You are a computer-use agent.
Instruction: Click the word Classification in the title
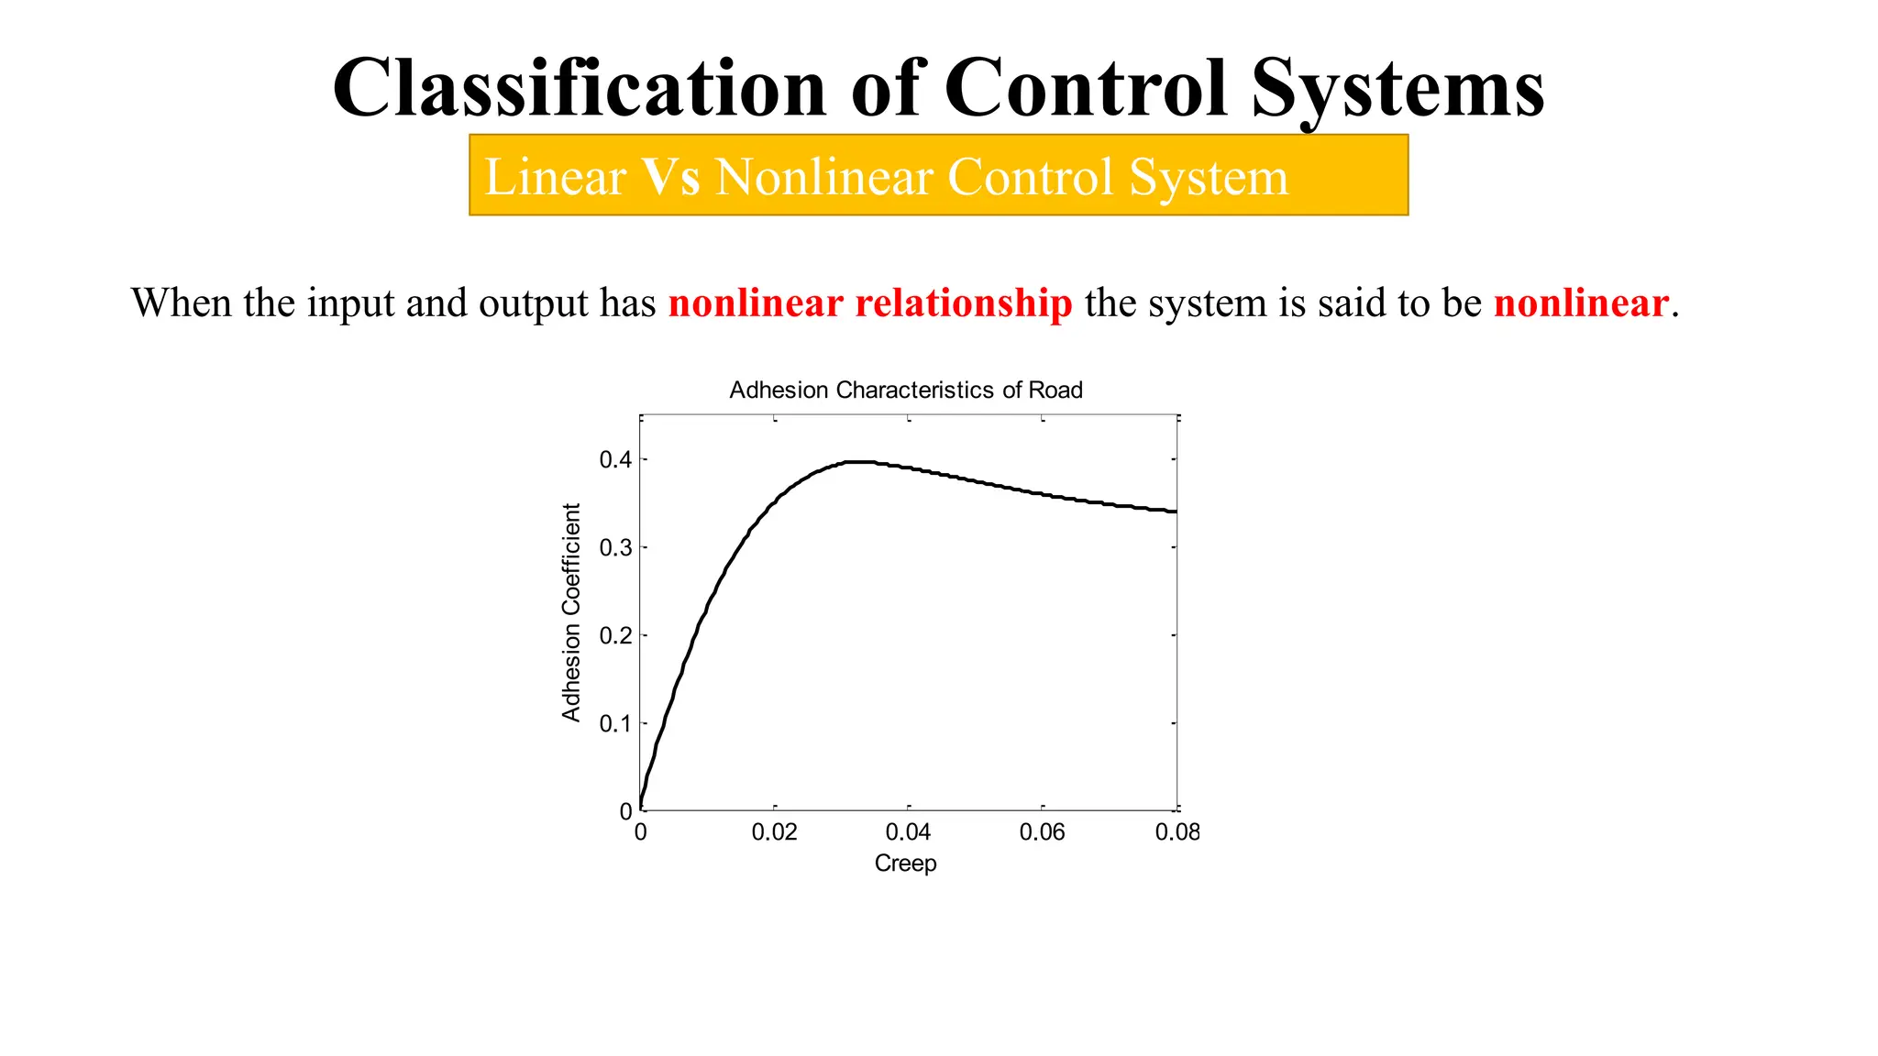coord(580,88)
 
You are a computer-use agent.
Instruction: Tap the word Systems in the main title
coord(1397,88)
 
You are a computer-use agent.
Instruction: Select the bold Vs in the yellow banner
coord(670,177)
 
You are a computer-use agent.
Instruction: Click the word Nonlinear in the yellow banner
coord(823,177)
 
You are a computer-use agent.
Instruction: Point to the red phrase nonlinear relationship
coord(869,303)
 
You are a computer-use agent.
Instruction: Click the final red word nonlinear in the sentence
coord(1580,303)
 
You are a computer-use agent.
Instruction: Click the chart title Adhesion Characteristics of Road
coord(905,390)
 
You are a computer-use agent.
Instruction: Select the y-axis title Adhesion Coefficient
coord(571,612)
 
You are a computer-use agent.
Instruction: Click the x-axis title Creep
coord(905,863)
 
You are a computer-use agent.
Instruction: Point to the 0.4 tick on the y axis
coord(615,459)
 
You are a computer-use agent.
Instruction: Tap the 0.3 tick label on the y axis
coord(615,547)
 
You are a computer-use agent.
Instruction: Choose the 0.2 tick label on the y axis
coord(615,635)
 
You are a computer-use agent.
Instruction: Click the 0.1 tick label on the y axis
coord(615,723)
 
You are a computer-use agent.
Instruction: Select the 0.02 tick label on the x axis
coord(774,832)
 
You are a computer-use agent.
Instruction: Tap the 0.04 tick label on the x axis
coord(908,832)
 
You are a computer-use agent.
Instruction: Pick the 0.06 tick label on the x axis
coord(1042,832)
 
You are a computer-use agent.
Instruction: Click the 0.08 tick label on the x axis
coord(1177,832)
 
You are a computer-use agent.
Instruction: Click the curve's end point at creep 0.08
coord(1176,511)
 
